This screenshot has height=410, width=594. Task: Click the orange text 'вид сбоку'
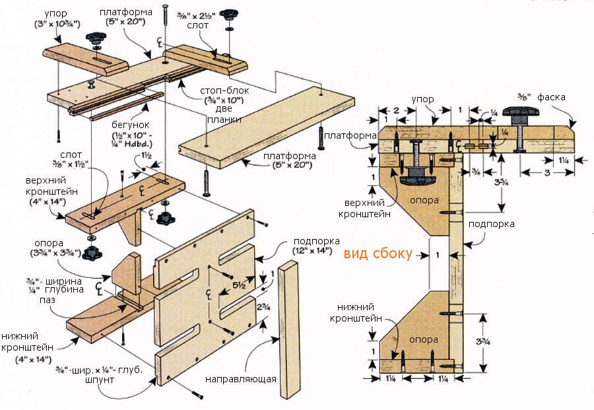pyautogui.click(x=378, y=253)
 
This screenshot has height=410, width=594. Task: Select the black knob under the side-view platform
pyautogui.click(x=414, y=174)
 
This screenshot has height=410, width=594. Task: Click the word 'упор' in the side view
pyautogui.click(x=422, y=99)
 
